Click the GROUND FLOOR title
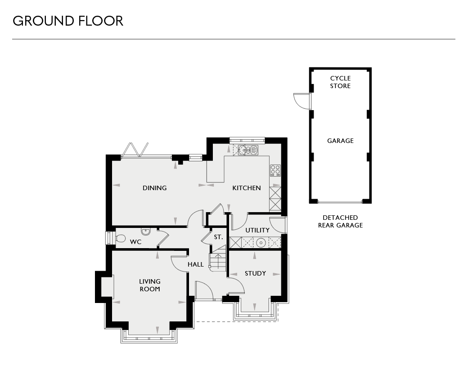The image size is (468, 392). pyautogui.click(x=68, y=21)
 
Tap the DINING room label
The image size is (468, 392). pyautogui.click(x=155, y=188)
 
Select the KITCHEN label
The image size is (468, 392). pyautogui.click(x=247, y=188)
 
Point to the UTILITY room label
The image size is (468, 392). pyautogui.click(x=257, y=230)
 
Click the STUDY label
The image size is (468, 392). pyautogui.click(x=255, y=273)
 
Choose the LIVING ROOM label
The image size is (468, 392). pyautogui.click(x=150, y=285)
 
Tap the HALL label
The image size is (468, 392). pyautogui.click(x=196, y=265)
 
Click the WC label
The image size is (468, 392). pyautogui.click(x=136, y=242)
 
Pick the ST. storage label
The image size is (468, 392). pyautogui.click(x=218, y=237)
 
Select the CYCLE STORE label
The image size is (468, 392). pyautogui.click(x=340, y=82)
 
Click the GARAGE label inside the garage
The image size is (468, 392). pyautogui.click(x=340, y=141)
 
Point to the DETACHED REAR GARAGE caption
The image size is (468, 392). pyautogui.click(x=340, y=222)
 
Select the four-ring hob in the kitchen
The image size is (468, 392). pyautogui.click(x=275, y=171)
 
